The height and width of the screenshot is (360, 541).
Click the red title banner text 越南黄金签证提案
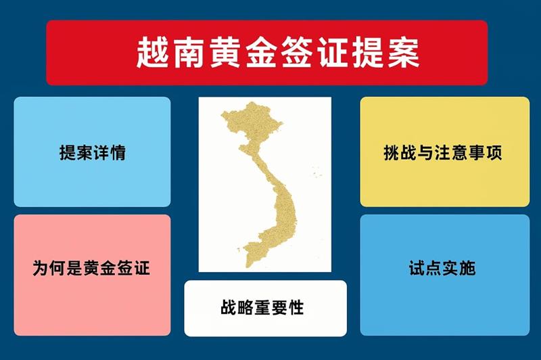pyautogui.click(x=278, y=53)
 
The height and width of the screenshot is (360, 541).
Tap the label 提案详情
pyautogui.click(x=93, y=152)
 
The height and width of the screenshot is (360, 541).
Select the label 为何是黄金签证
pyautogui.click(x=91, y=268)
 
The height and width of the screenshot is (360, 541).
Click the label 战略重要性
pyautogui.click(x=262, y=307)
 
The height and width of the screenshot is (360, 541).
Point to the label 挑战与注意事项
pyautogui.click(x=443, y=152)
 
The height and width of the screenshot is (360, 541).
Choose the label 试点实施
pyautogui.click(x=442, y=268)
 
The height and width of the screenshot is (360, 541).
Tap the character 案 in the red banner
pyautogui.click(x=403, y=53)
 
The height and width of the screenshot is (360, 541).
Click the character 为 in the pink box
pyautogui.click(x=41, y=268)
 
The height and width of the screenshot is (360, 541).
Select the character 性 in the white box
pyautogui.click(x=296, y=307)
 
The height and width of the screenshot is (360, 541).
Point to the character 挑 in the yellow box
pyautogui.click(x=392, y=152)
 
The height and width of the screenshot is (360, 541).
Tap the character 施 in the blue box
pyautogui.click(x=468, y=268)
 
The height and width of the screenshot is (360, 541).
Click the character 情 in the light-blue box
pyautogui.click(x=118, y=152)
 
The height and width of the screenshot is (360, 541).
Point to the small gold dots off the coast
pyautogui.click(x=316, y=172)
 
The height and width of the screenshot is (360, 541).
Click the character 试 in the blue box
pyautogui.click(x=417, y=268)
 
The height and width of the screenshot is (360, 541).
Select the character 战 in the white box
pyautogui.click(x=229, y=307)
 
